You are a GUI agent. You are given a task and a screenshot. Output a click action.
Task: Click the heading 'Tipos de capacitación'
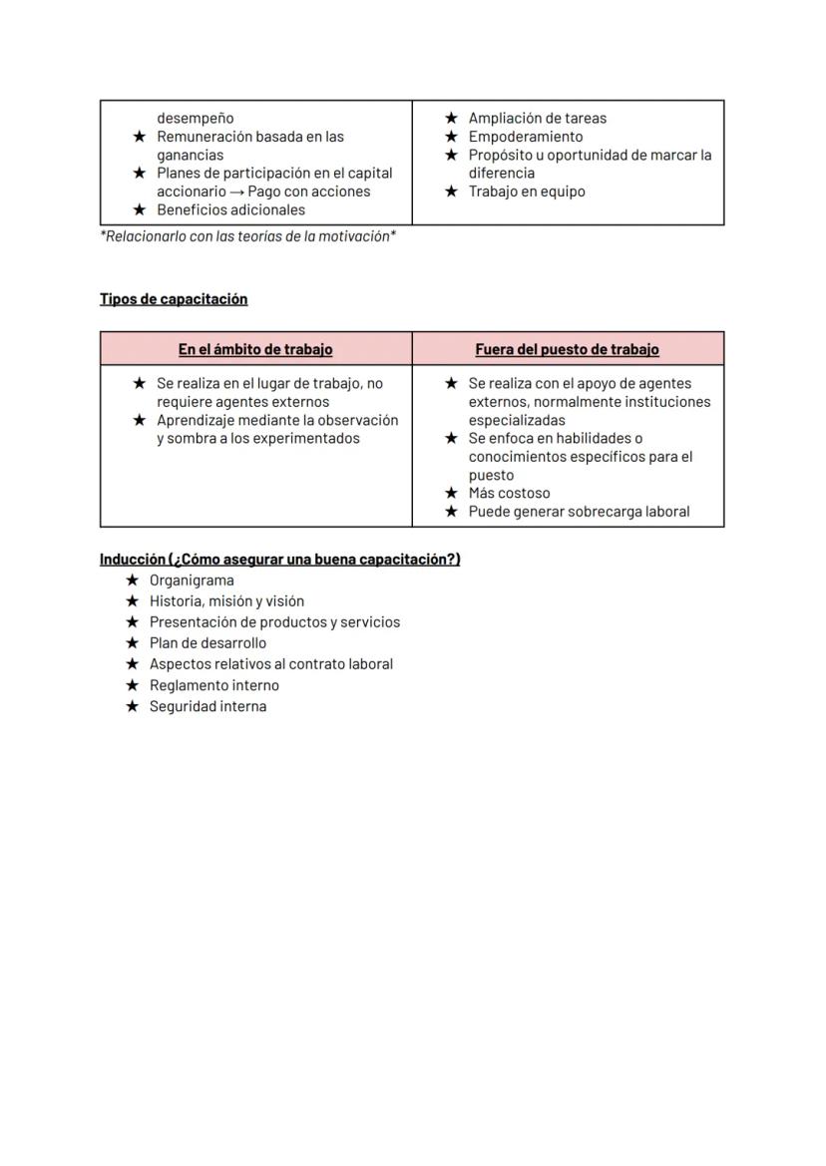[174, 299]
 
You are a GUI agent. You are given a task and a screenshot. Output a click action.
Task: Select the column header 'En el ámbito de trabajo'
[255, 350]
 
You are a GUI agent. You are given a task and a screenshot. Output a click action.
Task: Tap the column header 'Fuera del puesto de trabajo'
[567, 350]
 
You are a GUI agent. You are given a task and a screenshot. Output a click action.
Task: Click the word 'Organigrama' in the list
[192, 581]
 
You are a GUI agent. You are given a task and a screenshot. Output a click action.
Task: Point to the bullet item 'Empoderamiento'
[526, 137]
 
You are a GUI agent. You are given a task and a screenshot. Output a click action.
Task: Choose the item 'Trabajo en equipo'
[527, 192]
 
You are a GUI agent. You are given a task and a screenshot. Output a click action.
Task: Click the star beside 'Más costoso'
[451, 493]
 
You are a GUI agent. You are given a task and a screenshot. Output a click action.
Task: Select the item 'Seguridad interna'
[207, 706]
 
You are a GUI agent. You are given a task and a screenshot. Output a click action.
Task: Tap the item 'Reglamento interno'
[214, 685]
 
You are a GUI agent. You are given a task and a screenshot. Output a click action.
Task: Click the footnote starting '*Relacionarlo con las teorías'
[247, 237]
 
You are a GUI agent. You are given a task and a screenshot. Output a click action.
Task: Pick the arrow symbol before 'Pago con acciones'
[236, 192]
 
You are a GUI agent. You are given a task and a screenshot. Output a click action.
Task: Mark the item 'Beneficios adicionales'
[230, 210]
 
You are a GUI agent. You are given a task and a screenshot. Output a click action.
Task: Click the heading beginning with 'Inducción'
[279, 560]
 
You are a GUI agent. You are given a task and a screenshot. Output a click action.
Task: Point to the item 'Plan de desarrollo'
[207, 643]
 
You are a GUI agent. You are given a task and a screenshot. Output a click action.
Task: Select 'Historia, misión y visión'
[226, 601]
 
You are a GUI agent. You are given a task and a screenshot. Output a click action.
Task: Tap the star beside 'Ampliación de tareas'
[451, 118]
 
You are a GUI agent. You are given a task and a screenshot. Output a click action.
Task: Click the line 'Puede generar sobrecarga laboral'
[579, 512]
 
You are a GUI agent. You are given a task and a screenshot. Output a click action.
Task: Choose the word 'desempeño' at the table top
[195, 118]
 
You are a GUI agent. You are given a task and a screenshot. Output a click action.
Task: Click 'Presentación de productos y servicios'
[274, 622]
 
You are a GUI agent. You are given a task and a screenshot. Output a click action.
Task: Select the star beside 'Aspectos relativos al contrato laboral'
[132, 664]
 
